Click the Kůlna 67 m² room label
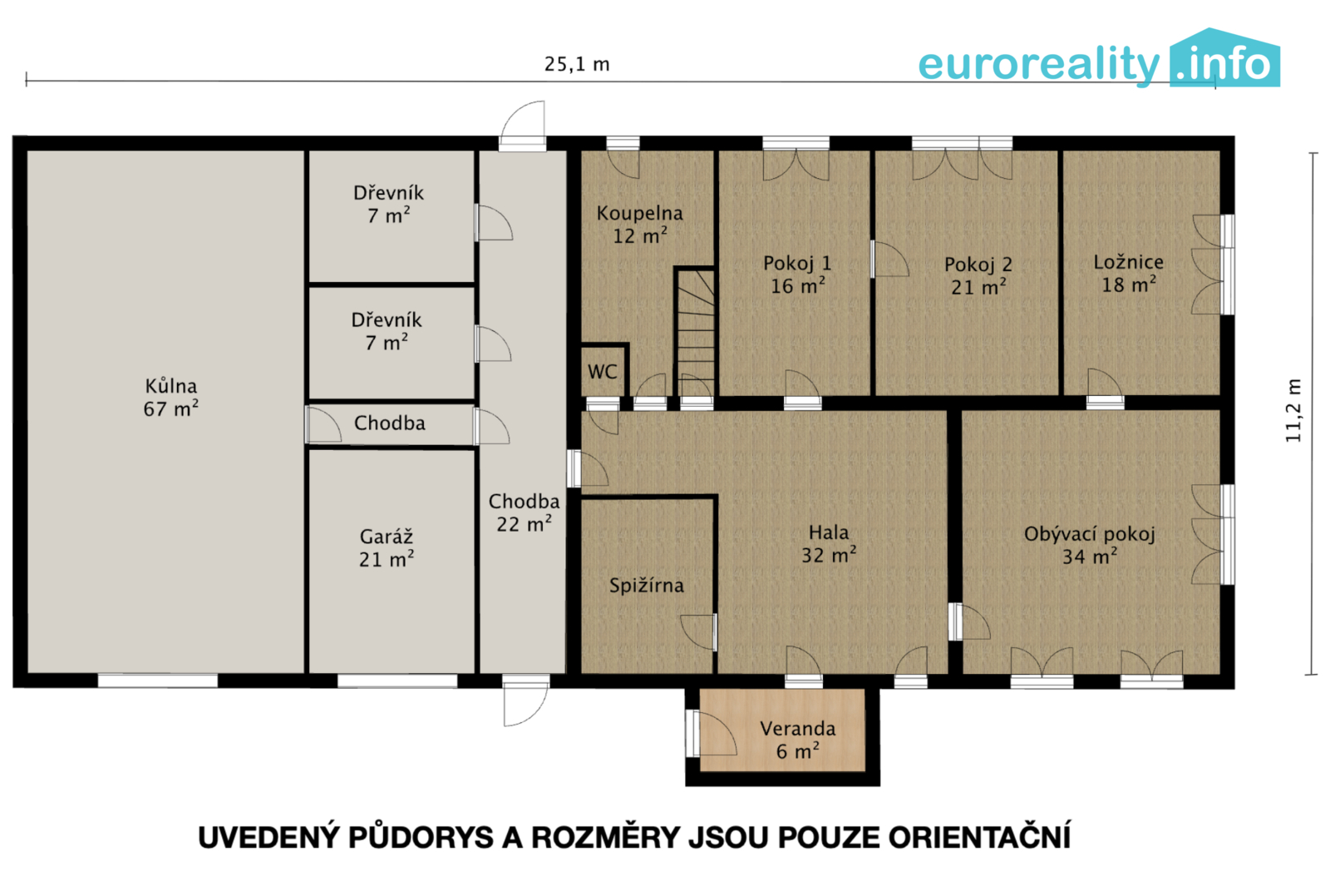[171, 398]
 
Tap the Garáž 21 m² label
[387, 548]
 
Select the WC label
[603, 372]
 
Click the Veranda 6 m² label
[797, 740]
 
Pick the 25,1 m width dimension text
[577, 64]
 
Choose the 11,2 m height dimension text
[1293, 411]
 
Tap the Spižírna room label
[647, 586]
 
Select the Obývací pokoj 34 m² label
[1090, 545]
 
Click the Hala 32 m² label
[829, 544]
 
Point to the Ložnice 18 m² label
[1129, 274]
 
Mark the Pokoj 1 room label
[797, 275]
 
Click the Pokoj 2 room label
[978, 276]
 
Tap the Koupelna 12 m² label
[639, 225]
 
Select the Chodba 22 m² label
[524, 512]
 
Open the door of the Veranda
[712, 734]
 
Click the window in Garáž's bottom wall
[397, 681]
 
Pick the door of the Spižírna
[698, 632]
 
